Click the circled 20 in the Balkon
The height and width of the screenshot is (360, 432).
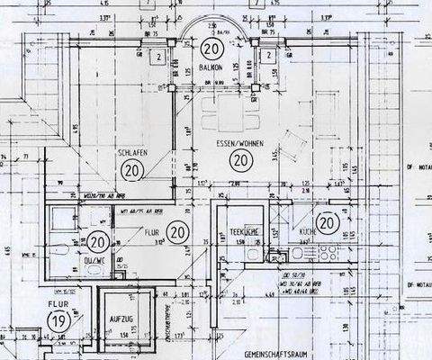click(x=212, y=49)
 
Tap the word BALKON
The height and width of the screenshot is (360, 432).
click(x=212, y=67)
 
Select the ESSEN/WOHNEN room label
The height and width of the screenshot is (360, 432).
click(x=238, y=142)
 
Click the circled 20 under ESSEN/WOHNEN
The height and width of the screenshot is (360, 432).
click(x=239, y=160)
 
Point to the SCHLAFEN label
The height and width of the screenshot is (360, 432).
click(x=132, y=154)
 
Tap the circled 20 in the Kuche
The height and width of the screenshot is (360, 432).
click(x=326, y=222)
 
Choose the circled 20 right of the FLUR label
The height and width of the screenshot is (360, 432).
click(x=177, y=232)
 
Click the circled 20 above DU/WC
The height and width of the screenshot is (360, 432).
click(x=98, y=241)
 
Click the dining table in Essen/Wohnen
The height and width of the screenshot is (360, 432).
click(x=218, y=115)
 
